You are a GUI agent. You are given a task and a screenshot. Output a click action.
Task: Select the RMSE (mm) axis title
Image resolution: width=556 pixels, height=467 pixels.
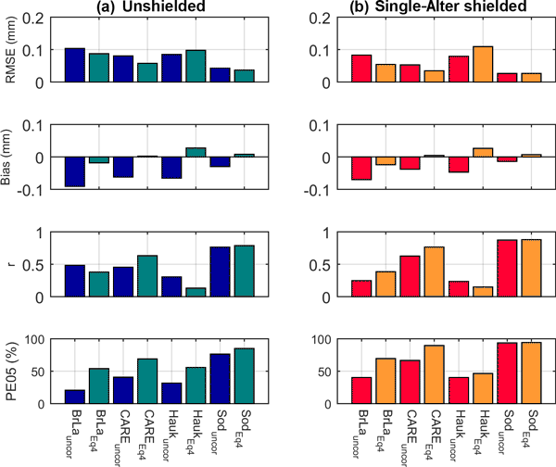[11, 50]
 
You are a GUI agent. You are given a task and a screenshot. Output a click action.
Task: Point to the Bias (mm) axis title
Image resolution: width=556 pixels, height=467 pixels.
[11, 158]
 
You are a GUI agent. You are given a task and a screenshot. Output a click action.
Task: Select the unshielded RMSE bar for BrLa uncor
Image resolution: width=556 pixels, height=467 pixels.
[75, 66]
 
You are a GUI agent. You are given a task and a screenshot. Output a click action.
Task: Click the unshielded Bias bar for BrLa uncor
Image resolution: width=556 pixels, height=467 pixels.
[75, 172]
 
